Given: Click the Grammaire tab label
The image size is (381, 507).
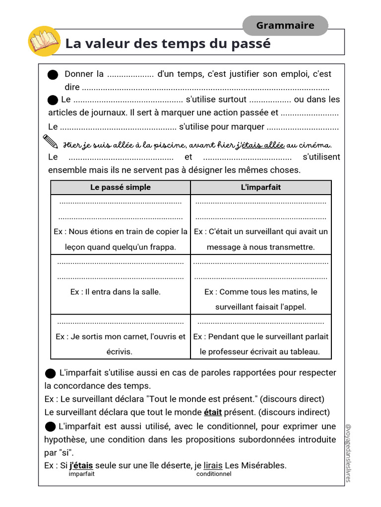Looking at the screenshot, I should (x=285, y=26).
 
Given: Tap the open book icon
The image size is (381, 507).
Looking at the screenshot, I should (x=44, y=42).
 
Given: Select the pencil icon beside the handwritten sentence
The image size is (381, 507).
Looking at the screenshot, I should (x=51, y=142).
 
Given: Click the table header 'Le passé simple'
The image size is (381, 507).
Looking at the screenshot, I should (x=121, y=187).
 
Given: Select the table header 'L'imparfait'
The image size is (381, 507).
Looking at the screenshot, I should (x=260, y=187).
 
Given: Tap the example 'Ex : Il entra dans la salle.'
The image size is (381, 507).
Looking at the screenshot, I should (x=116, y=292).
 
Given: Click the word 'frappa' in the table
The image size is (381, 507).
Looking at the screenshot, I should (x=163, y=247).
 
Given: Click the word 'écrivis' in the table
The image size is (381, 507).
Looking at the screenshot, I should (x=119, y=352).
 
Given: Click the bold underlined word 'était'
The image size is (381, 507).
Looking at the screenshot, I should (x=213, y=412).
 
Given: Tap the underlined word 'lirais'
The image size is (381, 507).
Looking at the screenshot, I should (x=213, y=465).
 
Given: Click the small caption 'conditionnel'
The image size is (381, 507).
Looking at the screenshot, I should (x=214, y=474).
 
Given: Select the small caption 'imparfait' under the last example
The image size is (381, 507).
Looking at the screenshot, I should (x=81, y=474).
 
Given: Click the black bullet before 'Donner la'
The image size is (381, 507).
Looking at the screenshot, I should (x=53, y=75).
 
